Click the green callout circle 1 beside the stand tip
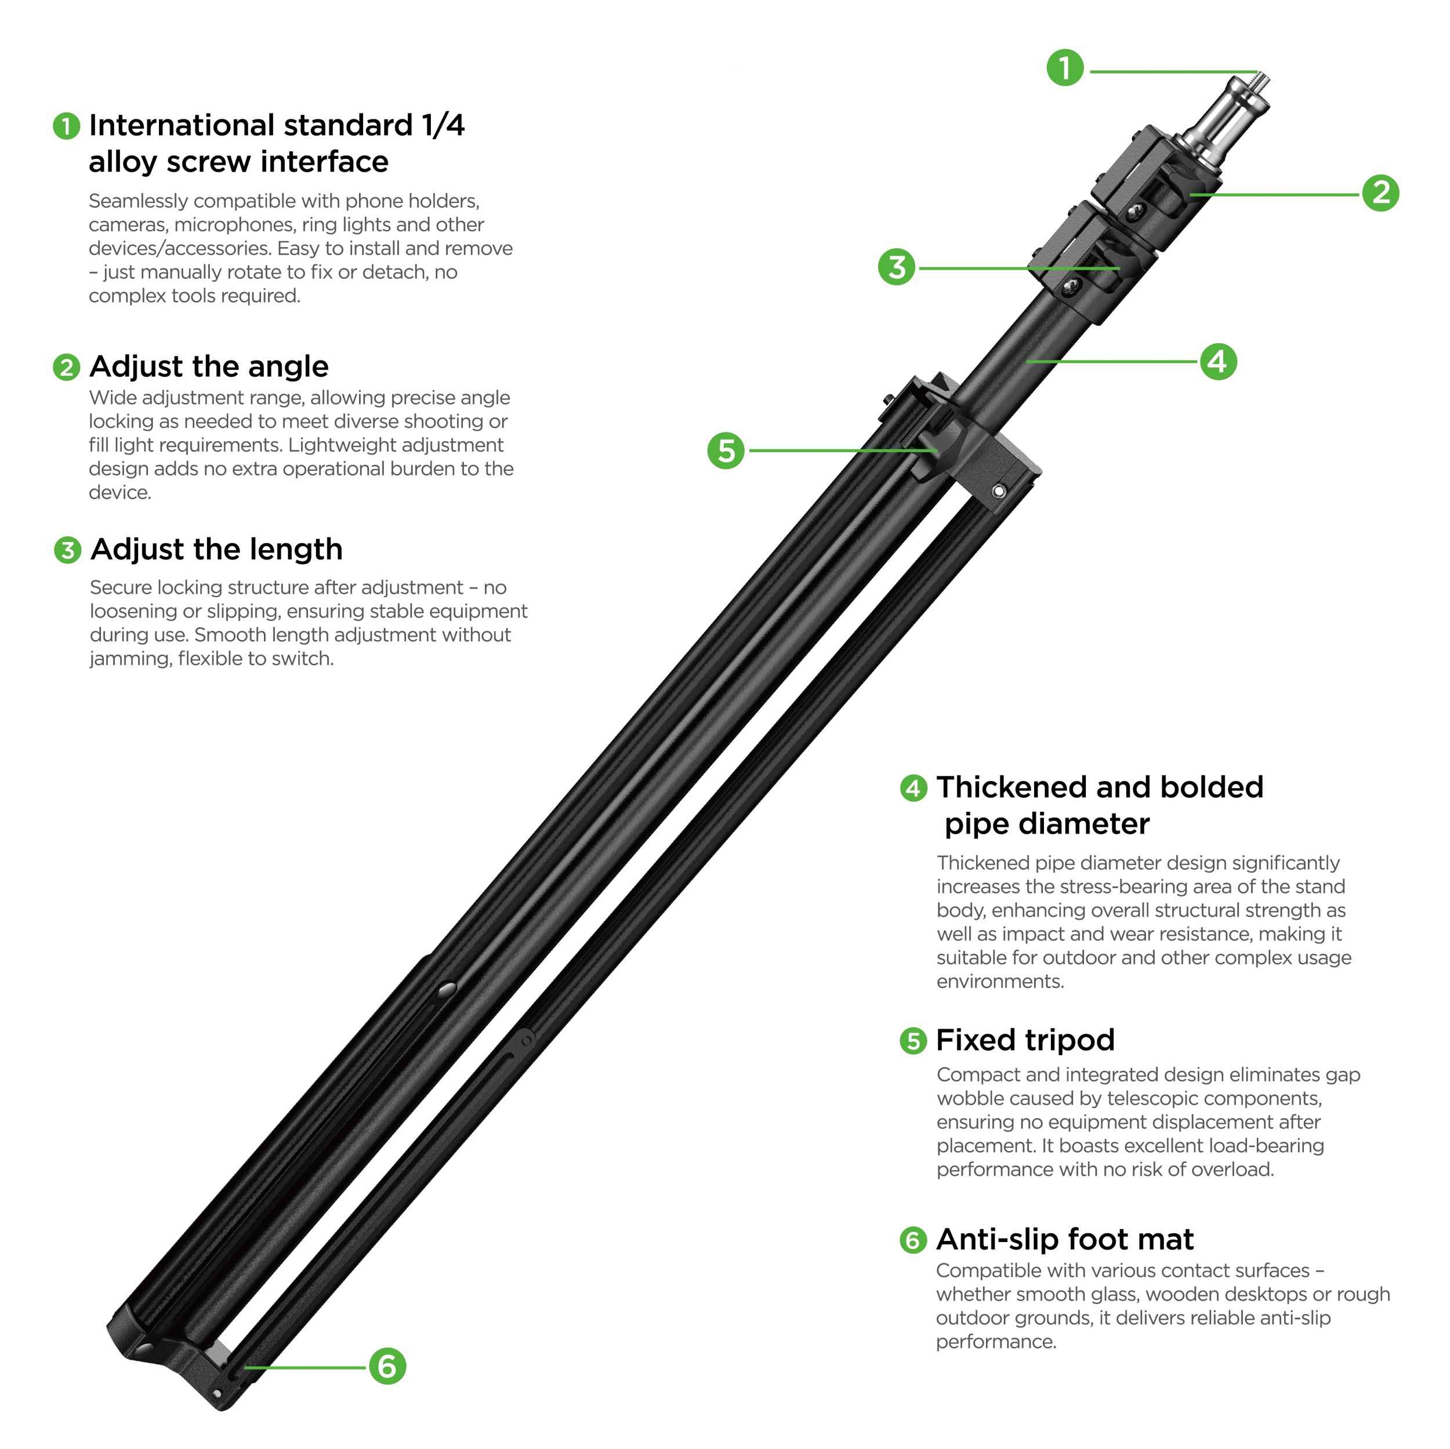(1064, 67)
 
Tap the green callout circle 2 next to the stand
(1380, 193)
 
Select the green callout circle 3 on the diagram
(896, 267)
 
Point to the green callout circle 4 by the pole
(1217, 362)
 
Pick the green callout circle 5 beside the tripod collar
(726, 450)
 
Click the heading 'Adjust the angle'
(209, 366)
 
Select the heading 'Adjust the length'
(216, 549)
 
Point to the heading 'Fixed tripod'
(1025, 1040)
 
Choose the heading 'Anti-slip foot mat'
(1064, 1240)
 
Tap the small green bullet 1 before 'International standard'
(66, 126)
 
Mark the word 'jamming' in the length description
(130, 659)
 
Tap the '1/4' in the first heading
(444, 125)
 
